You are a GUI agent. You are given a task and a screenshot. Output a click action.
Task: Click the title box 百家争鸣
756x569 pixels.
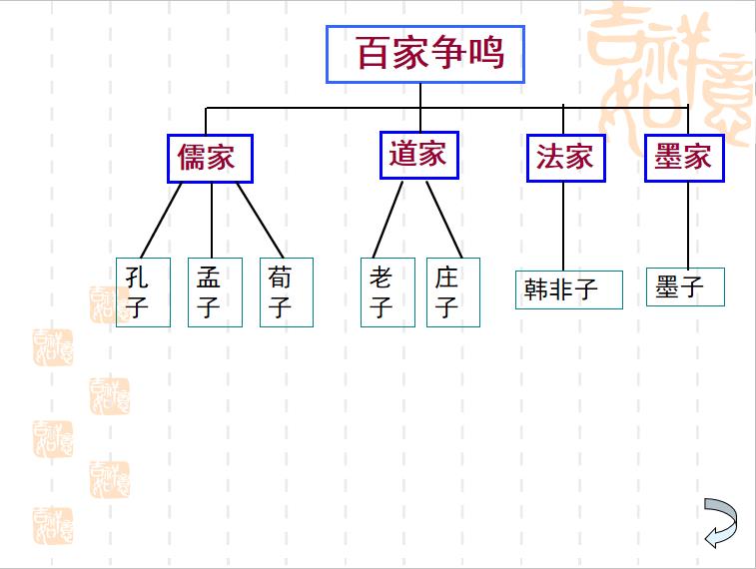coord(425,54)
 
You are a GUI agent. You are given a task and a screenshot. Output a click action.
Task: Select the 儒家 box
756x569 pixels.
coord(210,158)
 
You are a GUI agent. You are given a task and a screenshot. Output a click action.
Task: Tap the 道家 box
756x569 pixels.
coord(419,155)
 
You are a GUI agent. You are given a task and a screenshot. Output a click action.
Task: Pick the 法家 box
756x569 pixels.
coord(565,157)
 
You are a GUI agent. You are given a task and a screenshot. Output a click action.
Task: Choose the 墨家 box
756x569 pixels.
coord(684,157)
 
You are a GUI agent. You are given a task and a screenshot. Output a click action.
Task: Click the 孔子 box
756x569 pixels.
coord(143,291)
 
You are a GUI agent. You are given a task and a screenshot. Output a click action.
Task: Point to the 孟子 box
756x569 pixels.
coord(215,291)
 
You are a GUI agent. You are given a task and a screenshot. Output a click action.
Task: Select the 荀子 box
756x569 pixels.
coord(287,291)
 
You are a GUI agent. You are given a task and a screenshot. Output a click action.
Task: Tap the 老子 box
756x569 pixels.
coord(387,291)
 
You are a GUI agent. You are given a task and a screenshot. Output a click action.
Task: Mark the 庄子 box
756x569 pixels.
coord(453,291)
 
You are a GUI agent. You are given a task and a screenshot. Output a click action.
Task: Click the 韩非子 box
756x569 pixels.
coord(569,289)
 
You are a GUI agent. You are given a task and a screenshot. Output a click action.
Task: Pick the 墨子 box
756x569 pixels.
coord(685,287)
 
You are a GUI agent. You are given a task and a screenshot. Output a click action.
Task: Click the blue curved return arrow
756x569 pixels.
coord(720,522)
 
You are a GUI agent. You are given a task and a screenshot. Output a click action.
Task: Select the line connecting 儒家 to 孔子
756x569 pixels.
coord(162,220)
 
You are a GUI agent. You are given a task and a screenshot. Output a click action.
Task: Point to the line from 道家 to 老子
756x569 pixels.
coord(387,219)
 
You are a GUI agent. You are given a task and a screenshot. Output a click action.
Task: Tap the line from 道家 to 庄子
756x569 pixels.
coord(444,219)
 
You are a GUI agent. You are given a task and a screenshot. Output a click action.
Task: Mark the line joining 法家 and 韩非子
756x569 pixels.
coord(563,226)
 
